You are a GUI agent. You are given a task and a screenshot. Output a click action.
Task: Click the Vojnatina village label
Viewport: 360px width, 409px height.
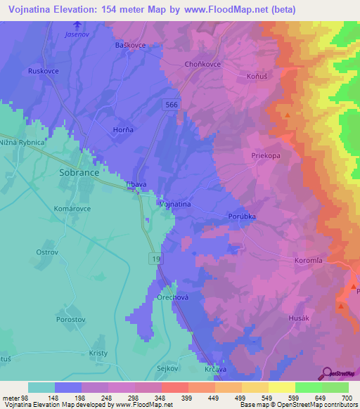point(176,204)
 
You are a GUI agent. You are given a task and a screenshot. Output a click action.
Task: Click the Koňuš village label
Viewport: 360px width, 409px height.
point(258,75)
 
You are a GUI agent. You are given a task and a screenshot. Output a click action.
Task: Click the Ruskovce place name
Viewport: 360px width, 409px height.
point(41,72)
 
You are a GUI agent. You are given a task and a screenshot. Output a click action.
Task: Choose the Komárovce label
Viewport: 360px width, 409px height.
point(72,209)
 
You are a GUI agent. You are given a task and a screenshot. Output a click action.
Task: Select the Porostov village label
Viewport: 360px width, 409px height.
point(72,319)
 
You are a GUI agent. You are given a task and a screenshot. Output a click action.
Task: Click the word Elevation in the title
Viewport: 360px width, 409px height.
point(82,10)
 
